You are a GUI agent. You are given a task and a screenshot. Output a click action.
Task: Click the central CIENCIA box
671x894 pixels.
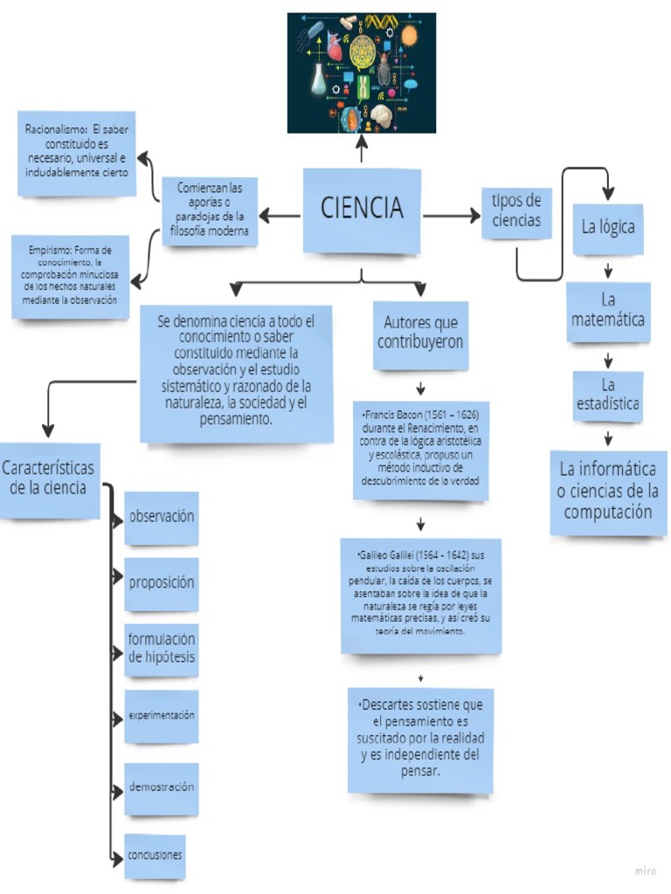(x=362, y=210)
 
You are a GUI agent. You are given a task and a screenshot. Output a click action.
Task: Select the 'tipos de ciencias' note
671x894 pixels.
(x=516, y=211)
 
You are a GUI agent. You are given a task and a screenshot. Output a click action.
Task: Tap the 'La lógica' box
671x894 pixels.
(x=608, y=228)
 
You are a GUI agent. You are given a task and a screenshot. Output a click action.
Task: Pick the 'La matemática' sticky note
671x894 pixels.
(x=608, y=312)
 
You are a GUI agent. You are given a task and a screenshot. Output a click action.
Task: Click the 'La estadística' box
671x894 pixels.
(x=608, y=395)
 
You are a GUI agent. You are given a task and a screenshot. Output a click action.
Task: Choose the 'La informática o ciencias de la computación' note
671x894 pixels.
(x=608, y=491)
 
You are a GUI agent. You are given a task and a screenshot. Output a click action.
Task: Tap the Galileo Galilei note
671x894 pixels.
(x=420, y=595)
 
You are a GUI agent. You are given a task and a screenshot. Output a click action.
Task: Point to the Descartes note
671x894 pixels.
(x=420, y=739)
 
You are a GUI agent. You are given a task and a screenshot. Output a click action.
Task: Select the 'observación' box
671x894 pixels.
(x=162, y=517)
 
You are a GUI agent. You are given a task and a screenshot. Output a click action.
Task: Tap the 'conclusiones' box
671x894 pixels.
(x=155, y=856)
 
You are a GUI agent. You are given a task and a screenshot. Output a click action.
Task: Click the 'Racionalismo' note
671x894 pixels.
(x=78, y=153)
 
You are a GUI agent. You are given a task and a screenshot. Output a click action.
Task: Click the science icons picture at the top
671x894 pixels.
(x=362, y=72)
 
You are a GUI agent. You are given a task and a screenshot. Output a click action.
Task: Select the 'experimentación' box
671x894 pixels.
(x=162, y=716)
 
